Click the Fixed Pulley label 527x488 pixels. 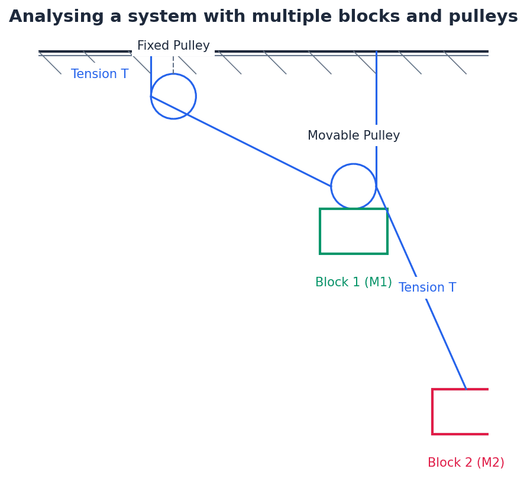(173, 46)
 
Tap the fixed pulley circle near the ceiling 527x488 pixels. (173, 96)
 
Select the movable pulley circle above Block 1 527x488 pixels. (354, 186)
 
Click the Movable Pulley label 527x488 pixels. (354, 136)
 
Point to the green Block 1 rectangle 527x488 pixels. (354, 231)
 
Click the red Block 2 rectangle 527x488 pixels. (460, 412)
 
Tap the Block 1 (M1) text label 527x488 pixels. (354, 283)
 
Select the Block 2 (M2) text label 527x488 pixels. (466, 463)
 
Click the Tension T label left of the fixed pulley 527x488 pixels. (99, 75)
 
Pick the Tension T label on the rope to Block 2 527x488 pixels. (427, 288)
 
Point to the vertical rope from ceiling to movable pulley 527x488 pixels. (376, 89)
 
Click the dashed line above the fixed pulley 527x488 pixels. (173, 64)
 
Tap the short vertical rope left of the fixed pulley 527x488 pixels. (151, 76)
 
